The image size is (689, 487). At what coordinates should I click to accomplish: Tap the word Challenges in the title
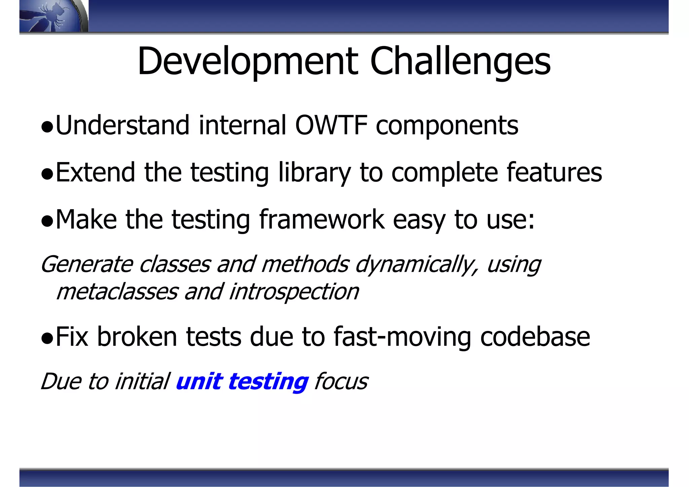[x=460, y=61]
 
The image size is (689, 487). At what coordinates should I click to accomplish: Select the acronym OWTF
[x=331, y=125]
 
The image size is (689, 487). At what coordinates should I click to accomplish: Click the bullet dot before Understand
[x=47, y=127]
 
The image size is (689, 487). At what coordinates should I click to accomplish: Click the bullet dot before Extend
[x=47, y=175]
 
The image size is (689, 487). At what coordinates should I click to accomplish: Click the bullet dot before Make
[x=47, y=222]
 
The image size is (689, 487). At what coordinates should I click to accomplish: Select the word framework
[x=321, y=220]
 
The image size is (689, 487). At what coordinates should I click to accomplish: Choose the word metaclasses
[x=117, y=292]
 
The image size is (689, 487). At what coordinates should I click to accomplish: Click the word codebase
[x=535, y=337]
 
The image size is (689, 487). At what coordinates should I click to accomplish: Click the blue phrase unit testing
[x=242, y=382]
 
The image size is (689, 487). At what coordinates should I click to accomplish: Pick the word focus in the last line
[x=341, y=382]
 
